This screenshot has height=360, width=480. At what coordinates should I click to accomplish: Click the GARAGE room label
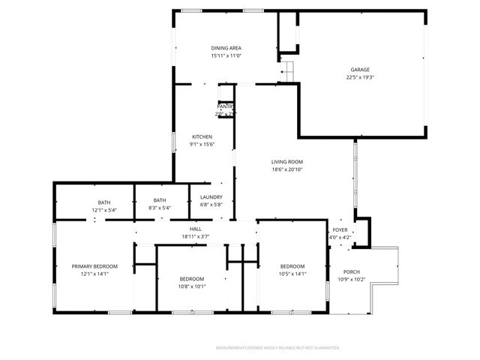[x=360, y=70]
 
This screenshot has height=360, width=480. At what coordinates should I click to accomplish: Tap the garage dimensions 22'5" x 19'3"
[x=360, y=77]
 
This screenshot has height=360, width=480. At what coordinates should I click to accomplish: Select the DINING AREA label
[x=226, y=48]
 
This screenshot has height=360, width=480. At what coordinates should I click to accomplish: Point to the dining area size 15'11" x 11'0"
[x=226, y=56]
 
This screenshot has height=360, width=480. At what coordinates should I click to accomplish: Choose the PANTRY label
[x=225, y=106]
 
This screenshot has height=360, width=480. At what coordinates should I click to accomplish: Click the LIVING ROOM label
[x=287, y=161]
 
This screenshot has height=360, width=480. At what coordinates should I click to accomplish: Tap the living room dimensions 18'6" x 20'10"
[x=287, y=169]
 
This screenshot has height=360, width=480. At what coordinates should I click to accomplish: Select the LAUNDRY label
[x=211, y=197]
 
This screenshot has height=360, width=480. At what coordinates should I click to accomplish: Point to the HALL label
[x=195, y=229]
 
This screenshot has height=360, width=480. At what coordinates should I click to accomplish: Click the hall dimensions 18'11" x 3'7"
[x=195, y=237]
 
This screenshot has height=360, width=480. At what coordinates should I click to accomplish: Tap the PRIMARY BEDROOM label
[x=95, y=266]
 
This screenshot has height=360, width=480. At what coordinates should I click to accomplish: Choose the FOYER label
[x=340, y=230]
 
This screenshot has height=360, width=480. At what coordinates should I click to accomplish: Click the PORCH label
[x=352, y=271]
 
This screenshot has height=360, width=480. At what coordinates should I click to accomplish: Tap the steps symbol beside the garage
[x=286, y=71]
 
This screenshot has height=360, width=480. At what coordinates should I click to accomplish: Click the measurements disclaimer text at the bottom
[x=277, y=348]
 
